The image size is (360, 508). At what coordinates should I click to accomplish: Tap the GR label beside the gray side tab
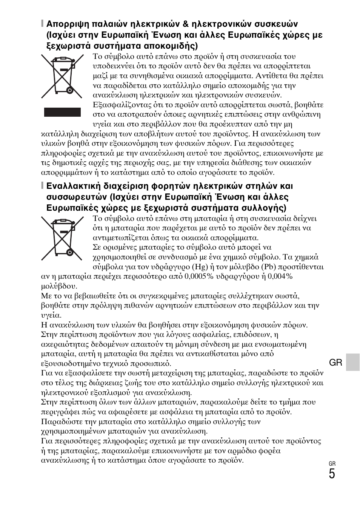[335, 363]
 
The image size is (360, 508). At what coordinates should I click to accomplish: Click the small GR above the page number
[332, 464]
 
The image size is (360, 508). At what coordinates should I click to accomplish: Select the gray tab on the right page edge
[353, 362]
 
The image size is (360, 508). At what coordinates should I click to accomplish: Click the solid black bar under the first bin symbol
[62, 112]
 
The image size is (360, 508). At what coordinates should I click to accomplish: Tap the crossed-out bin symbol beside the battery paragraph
[62, 238]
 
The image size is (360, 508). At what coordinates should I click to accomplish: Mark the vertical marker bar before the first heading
[43, 24]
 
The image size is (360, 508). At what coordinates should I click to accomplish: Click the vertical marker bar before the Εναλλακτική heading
[43, 186]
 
